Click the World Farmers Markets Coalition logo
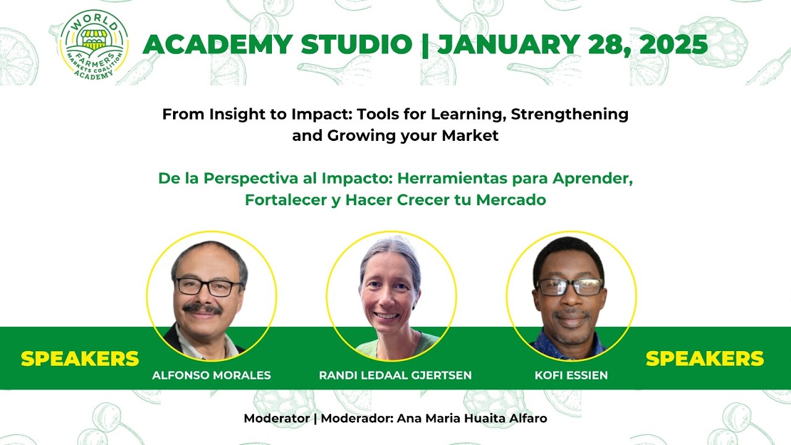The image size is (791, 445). [94, 44]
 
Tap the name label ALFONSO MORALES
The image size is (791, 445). [211, 375]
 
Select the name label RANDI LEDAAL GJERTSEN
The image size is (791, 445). [395, 375]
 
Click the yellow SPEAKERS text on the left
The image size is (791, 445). [80, 358]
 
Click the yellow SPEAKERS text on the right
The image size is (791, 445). [704, 358]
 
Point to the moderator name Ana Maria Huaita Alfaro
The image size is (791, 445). [472, 418]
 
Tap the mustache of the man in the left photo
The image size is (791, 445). [203, 308]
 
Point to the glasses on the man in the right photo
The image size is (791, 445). [570, 287]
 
